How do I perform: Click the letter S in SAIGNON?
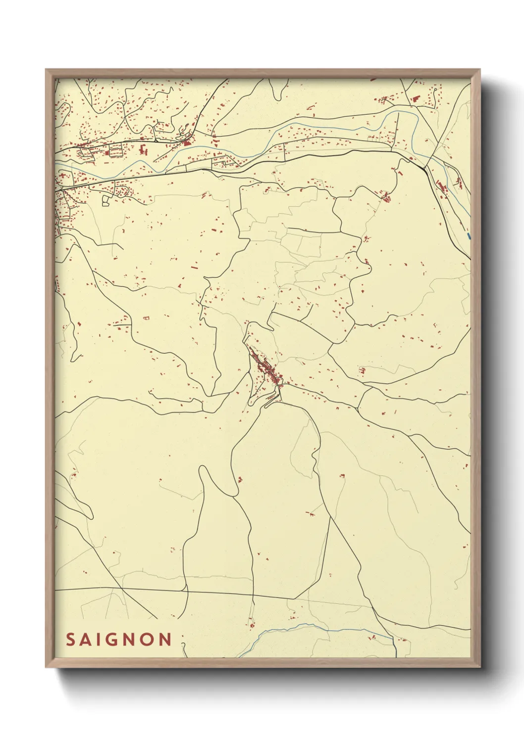pyautogui.click(x=70, y=640)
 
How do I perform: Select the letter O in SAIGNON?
pyautogui.click(x=150, y=640)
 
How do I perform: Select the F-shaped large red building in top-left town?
pyautogui.click(x=144, y=149)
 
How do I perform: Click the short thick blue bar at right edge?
pyautogui.click(x=469, y=236)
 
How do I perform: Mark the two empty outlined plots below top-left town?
pyautogui.click(x=106, y=200)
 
